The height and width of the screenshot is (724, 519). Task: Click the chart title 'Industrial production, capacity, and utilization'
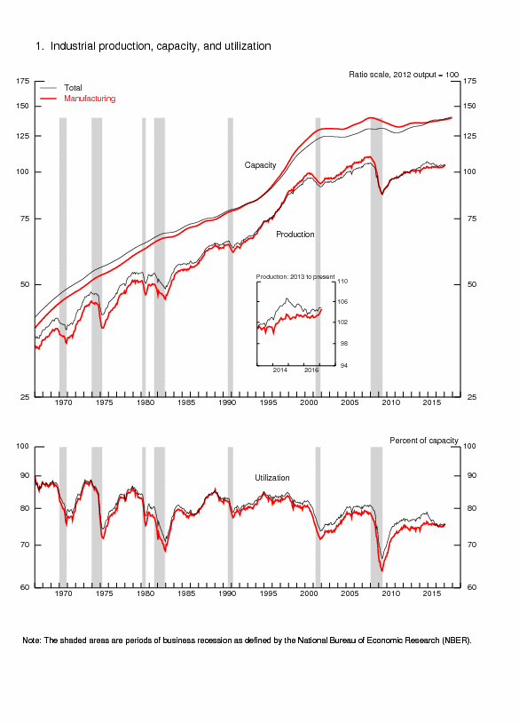click(160, 45)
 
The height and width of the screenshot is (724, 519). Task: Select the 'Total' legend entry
click(73, 88)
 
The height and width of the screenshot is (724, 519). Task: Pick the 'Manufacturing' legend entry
click(90, 98)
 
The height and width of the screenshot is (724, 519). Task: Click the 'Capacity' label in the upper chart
click(261, 165)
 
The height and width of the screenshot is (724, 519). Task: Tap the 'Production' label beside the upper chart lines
click(295, 235)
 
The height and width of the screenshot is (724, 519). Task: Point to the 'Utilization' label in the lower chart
click(272, 478)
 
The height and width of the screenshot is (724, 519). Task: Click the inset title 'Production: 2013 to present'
click(295, 277)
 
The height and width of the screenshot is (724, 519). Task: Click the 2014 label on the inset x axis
click(280, 370)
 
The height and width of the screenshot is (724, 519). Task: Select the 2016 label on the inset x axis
click(312, 370)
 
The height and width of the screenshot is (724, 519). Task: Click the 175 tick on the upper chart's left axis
click(23, 81)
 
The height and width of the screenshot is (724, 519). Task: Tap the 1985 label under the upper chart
click(186, 402)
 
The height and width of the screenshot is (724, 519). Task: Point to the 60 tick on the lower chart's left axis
click(26, 588)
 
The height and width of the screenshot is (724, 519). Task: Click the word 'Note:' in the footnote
click(34, 640)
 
